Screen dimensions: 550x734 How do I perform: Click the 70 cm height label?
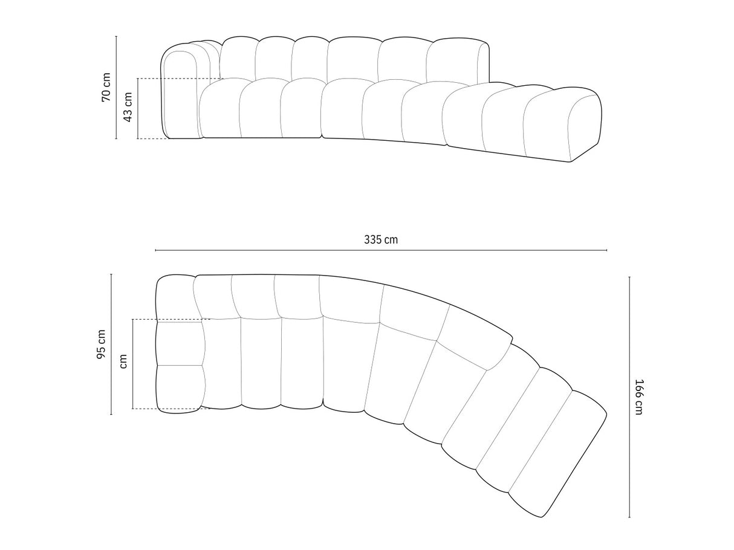(x=106, y=88)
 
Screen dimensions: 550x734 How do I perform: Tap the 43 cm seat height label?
(x=128, y=108)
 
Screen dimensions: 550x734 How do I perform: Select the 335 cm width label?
(x=381, y=239)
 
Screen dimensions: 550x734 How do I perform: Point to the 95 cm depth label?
(x=101, y=345)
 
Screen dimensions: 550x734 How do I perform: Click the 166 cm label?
(x=639, y=396)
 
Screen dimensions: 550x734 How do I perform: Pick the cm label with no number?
(x=123, y=361)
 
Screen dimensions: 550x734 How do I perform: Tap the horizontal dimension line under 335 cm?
(x=302, y=250)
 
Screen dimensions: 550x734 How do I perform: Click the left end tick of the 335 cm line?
(x=155, y=250)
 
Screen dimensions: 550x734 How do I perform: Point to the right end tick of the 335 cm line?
(x=607, y=250)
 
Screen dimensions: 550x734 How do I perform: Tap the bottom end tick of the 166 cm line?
(x=629, y=518)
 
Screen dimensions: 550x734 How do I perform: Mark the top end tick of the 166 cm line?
(x=629, y=277)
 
